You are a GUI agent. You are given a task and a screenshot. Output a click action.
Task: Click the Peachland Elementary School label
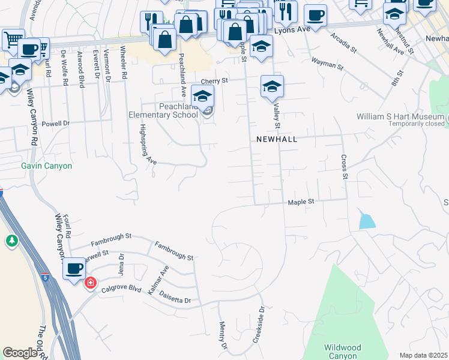(163, 110)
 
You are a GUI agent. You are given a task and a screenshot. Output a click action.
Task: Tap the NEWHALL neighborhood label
(277, 139)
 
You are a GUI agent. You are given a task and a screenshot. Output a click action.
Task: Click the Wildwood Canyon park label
(343, 352)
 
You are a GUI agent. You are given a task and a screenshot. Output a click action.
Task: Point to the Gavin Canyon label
(46, 166)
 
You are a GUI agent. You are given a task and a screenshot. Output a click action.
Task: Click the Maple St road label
(301, 203)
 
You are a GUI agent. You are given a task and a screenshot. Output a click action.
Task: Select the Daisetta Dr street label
(176, 298)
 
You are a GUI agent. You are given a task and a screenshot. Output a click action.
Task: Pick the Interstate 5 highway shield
(46, 277)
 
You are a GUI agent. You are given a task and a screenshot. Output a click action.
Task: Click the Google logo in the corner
(20, 353)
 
